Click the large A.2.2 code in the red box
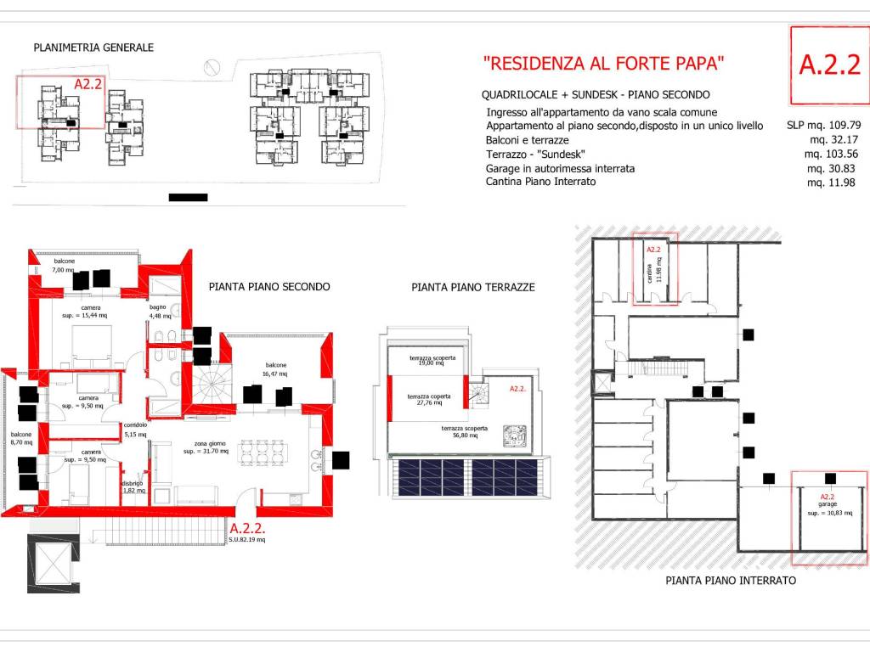click(830, 65)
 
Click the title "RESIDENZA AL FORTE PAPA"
click(603, 63)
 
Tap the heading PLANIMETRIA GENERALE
click(93, 48)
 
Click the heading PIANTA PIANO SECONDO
click(269, 287)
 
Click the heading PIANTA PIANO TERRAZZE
click(472, 288)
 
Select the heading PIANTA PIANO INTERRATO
click(731, 581)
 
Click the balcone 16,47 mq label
click(274, 369)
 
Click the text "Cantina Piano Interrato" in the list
click(540, 182)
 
